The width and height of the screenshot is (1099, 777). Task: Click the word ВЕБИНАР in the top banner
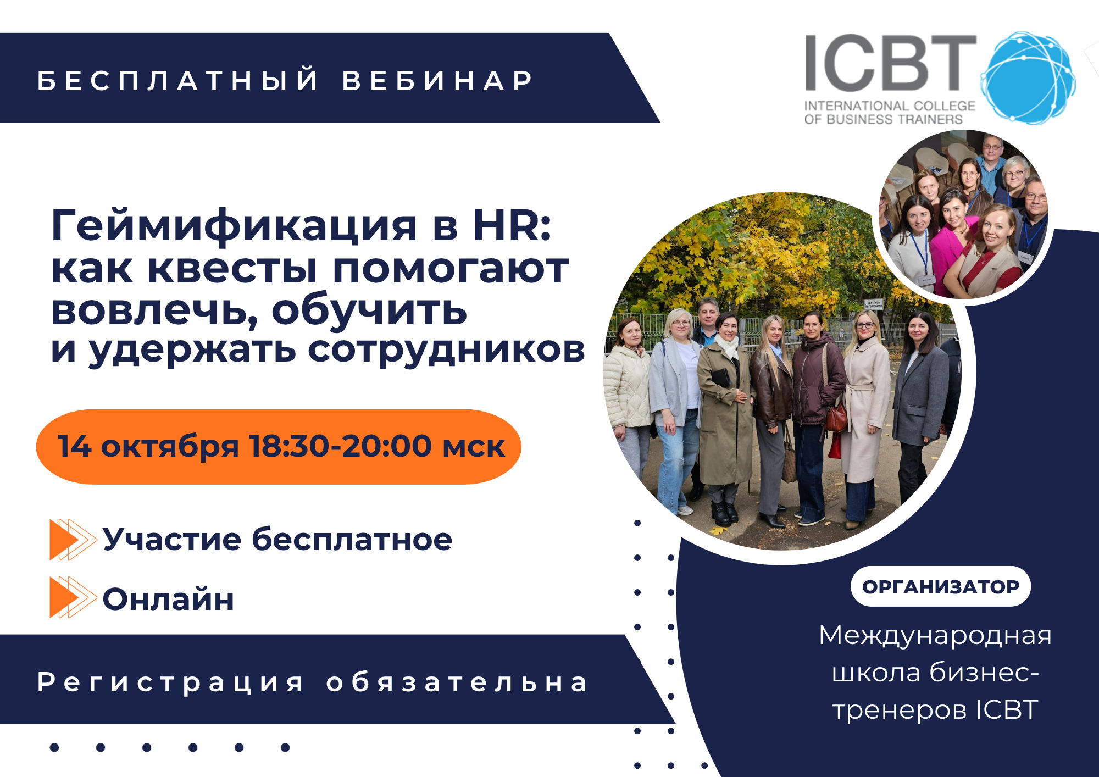point(437,80)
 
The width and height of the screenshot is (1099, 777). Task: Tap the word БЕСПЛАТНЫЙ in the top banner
point(178,80)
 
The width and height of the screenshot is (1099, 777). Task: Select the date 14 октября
point(148,446)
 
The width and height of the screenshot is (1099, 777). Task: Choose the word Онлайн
point(168,598)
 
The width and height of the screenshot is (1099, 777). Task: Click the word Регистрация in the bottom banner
point(170,683)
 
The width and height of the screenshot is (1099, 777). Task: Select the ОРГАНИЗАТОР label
point(941,586)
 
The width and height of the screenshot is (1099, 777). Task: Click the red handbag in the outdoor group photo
point(836,418)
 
